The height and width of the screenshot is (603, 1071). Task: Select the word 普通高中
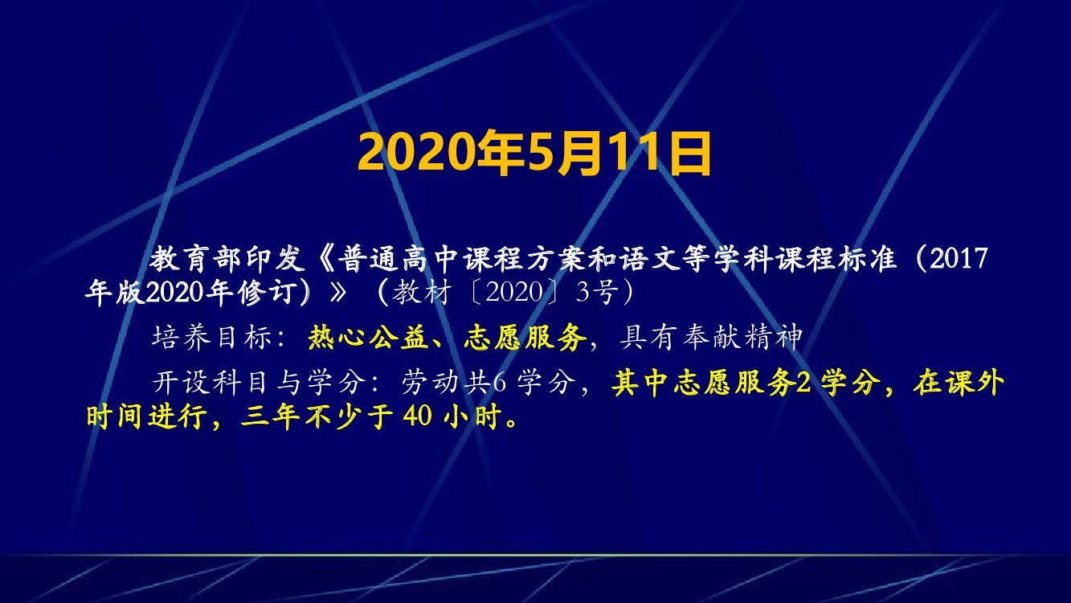pos(399,259)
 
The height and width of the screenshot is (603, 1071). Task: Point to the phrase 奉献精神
pos(742,338)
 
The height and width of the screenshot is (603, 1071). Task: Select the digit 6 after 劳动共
pos(500,383)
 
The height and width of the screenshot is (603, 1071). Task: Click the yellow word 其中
pos(642,383)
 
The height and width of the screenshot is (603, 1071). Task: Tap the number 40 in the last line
pos(418,416)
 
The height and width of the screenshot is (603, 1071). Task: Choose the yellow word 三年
pos(270,416)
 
